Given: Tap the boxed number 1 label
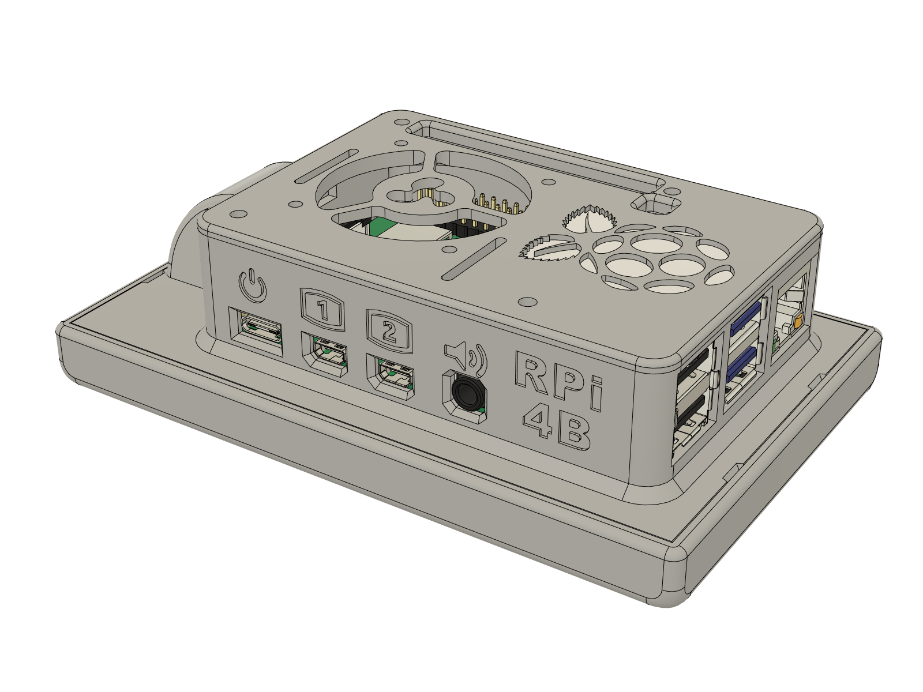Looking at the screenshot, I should coord(323,311).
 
